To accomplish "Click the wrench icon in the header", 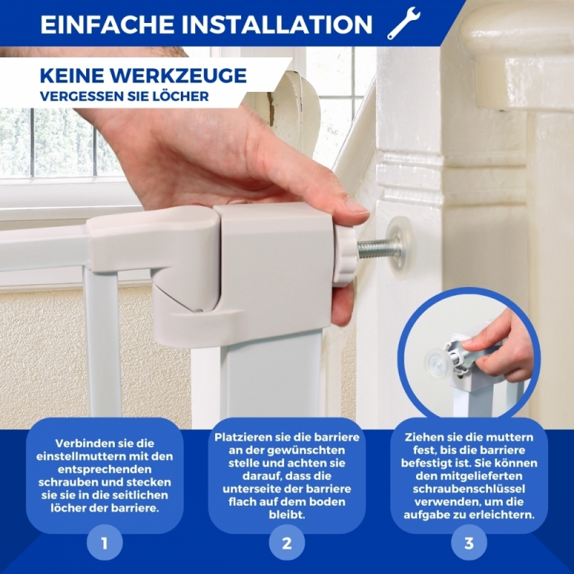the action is [x=404, y=23].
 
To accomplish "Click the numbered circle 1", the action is [x=105, y=543].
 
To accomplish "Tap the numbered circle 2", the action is [x=287, y=543].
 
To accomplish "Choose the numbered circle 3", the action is [x=469, y=543].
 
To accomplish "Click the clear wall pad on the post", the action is [x=400, y=248].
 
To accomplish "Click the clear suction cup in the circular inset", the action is [x=438, y=363].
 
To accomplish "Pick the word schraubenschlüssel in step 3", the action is [x=469, y=489].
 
